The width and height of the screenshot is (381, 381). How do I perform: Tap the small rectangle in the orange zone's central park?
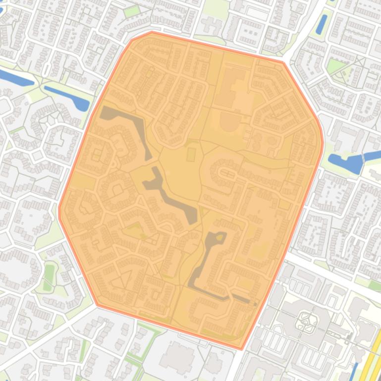[x=191, y=155]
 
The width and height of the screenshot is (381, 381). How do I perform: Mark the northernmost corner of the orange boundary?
[x=152, y=32]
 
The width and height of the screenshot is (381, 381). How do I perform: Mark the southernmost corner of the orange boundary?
[x=241, y=348]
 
